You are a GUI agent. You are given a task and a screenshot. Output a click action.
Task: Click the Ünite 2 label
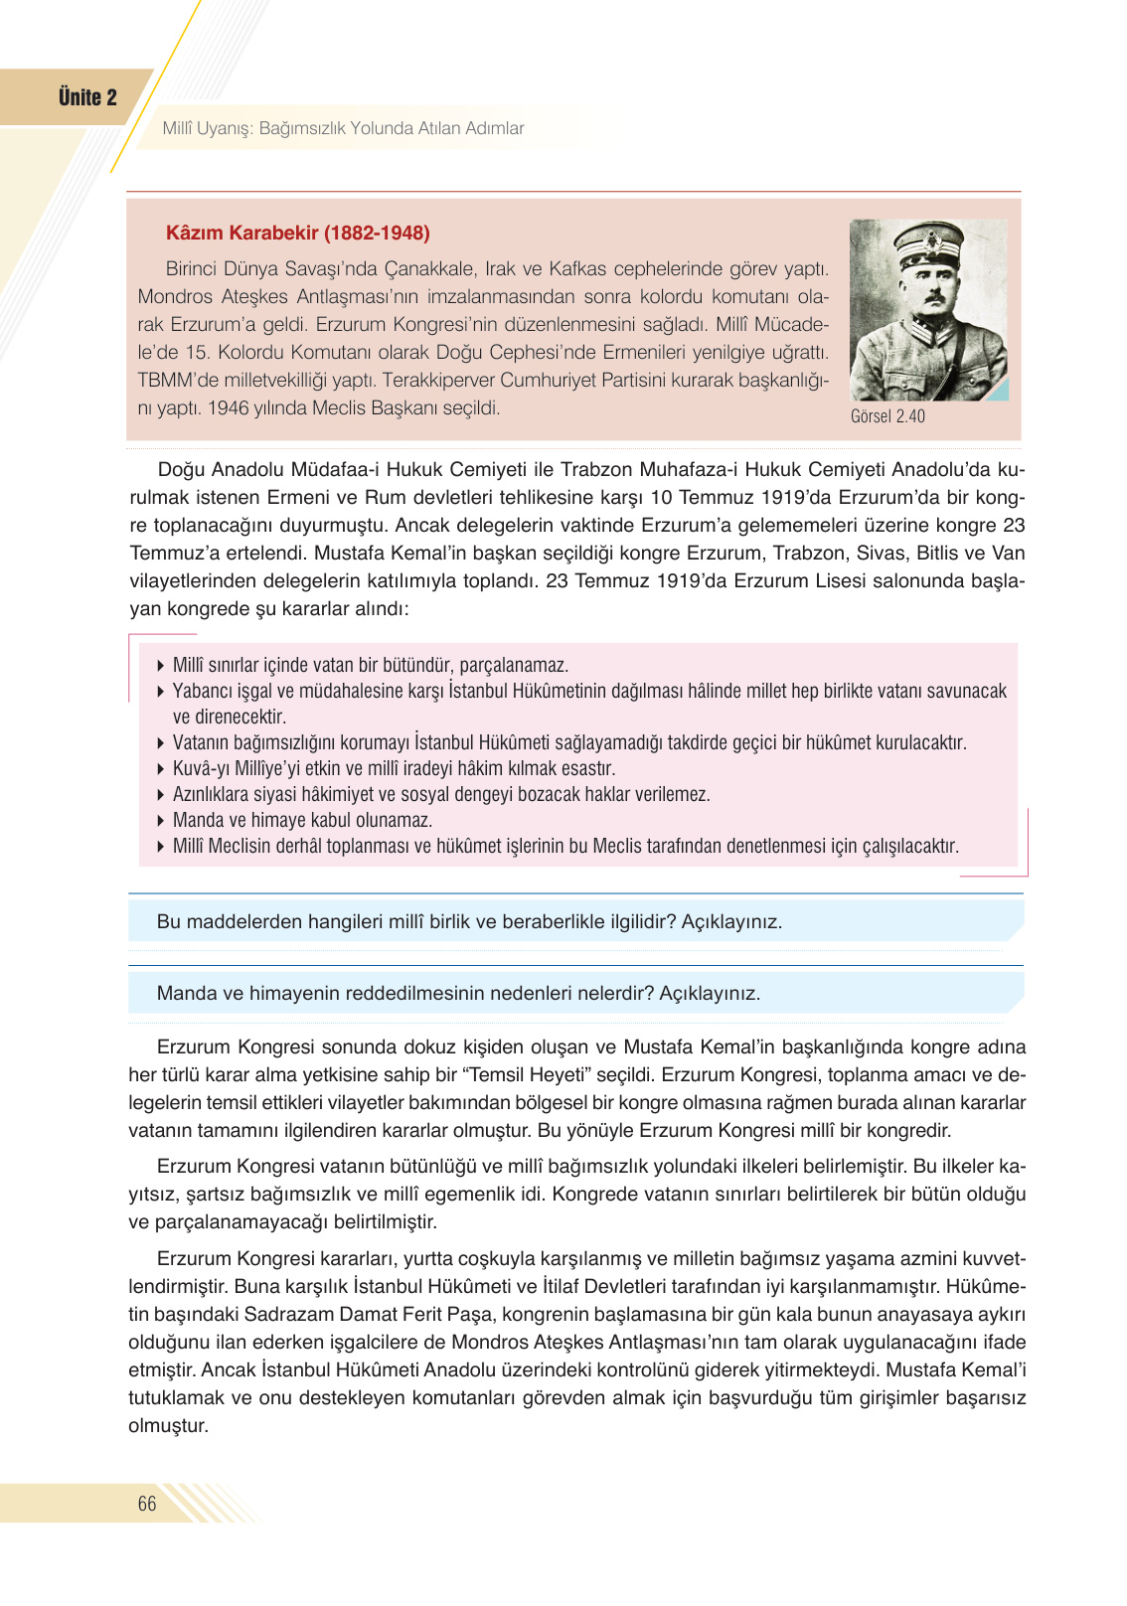pos(87,97)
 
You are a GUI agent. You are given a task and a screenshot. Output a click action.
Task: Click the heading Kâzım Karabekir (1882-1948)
pos(297,233)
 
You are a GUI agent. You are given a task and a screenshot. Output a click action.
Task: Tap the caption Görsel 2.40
pos(887,416)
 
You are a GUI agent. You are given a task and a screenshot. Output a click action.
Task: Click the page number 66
pos(147,1504)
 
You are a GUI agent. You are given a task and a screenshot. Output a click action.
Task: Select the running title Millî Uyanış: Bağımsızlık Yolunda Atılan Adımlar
pos(343,128)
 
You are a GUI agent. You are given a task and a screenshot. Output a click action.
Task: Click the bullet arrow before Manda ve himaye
pos(161,821)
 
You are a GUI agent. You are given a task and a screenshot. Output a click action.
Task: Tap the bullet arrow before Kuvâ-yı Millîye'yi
pos(161,769)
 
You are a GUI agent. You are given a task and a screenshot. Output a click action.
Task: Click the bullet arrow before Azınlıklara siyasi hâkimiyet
pos(161,795)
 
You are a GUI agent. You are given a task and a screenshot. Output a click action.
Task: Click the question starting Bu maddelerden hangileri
pos(469,921)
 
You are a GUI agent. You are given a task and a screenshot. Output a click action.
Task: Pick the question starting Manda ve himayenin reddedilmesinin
pos(458,993)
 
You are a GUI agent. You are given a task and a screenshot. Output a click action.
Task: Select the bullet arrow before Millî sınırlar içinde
pos(161,666)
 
